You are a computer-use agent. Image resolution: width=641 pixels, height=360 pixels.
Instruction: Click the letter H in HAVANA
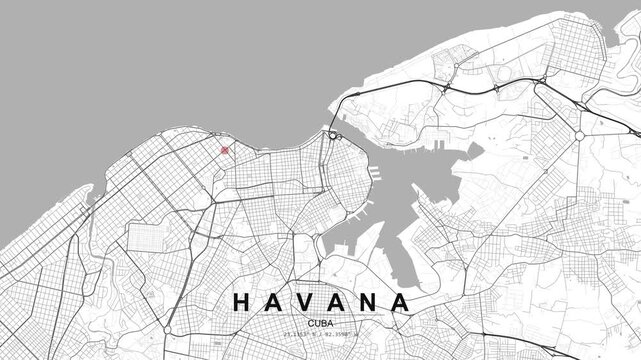242,301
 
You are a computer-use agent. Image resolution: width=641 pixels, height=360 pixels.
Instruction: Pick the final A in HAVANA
401,301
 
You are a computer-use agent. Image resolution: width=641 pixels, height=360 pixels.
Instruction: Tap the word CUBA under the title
321,322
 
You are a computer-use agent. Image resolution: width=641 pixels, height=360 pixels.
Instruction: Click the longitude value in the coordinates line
341,335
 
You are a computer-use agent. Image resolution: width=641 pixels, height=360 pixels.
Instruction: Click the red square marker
225,151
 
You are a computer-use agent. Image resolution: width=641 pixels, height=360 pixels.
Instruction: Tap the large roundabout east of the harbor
579,135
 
